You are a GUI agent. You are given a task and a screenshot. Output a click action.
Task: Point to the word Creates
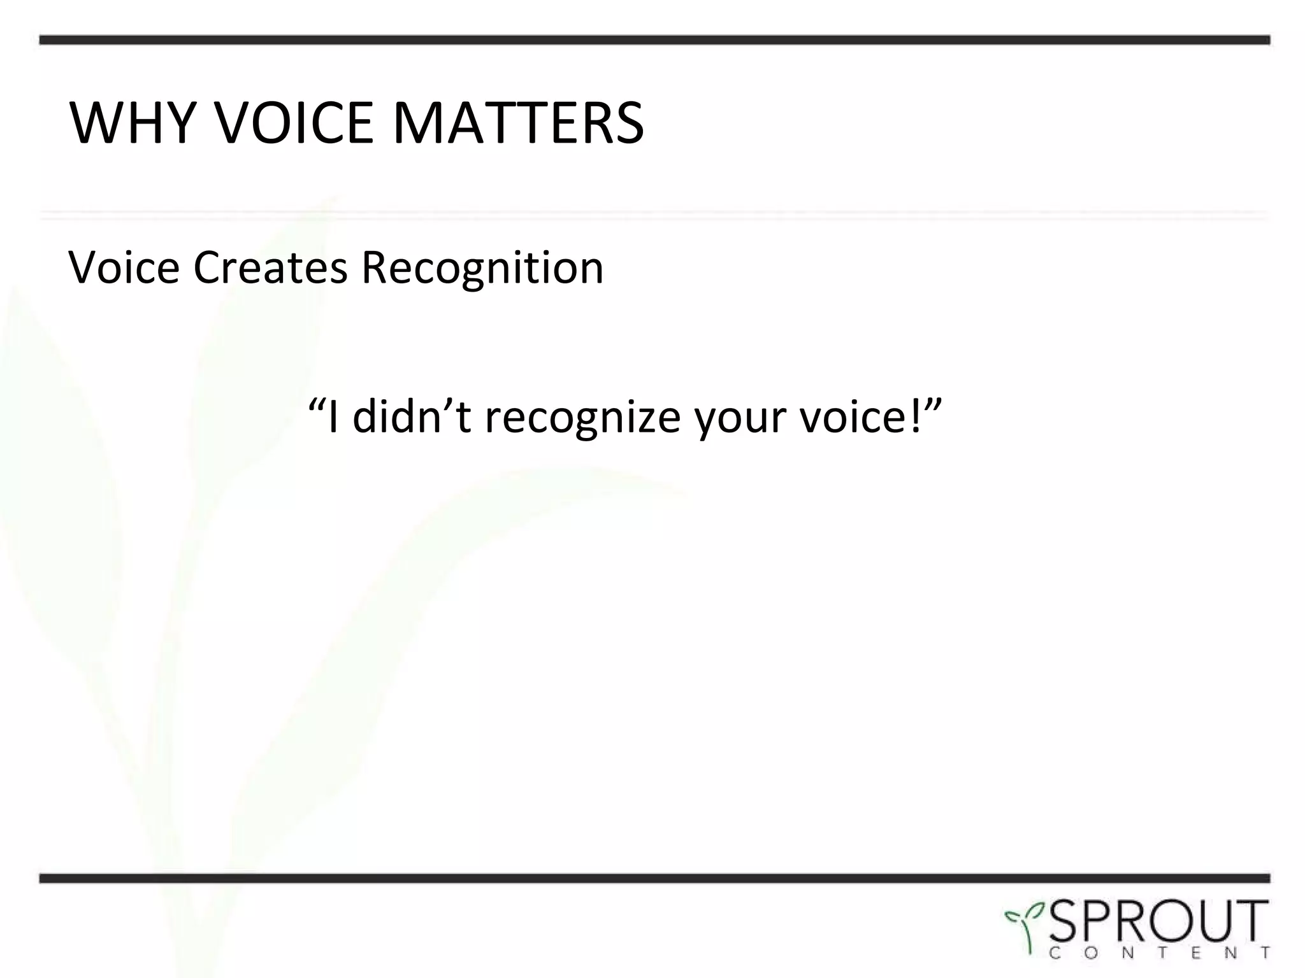pos(270,267)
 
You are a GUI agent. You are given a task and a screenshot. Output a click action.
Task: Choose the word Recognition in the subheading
pos(482,267)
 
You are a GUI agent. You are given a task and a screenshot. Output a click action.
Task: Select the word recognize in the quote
pos(582,419)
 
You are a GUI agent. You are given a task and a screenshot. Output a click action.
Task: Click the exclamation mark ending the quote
pos(916,415)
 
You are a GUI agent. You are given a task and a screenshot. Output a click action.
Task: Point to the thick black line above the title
pos(654,40)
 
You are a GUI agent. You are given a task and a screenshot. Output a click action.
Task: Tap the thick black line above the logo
pos(654,879)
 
